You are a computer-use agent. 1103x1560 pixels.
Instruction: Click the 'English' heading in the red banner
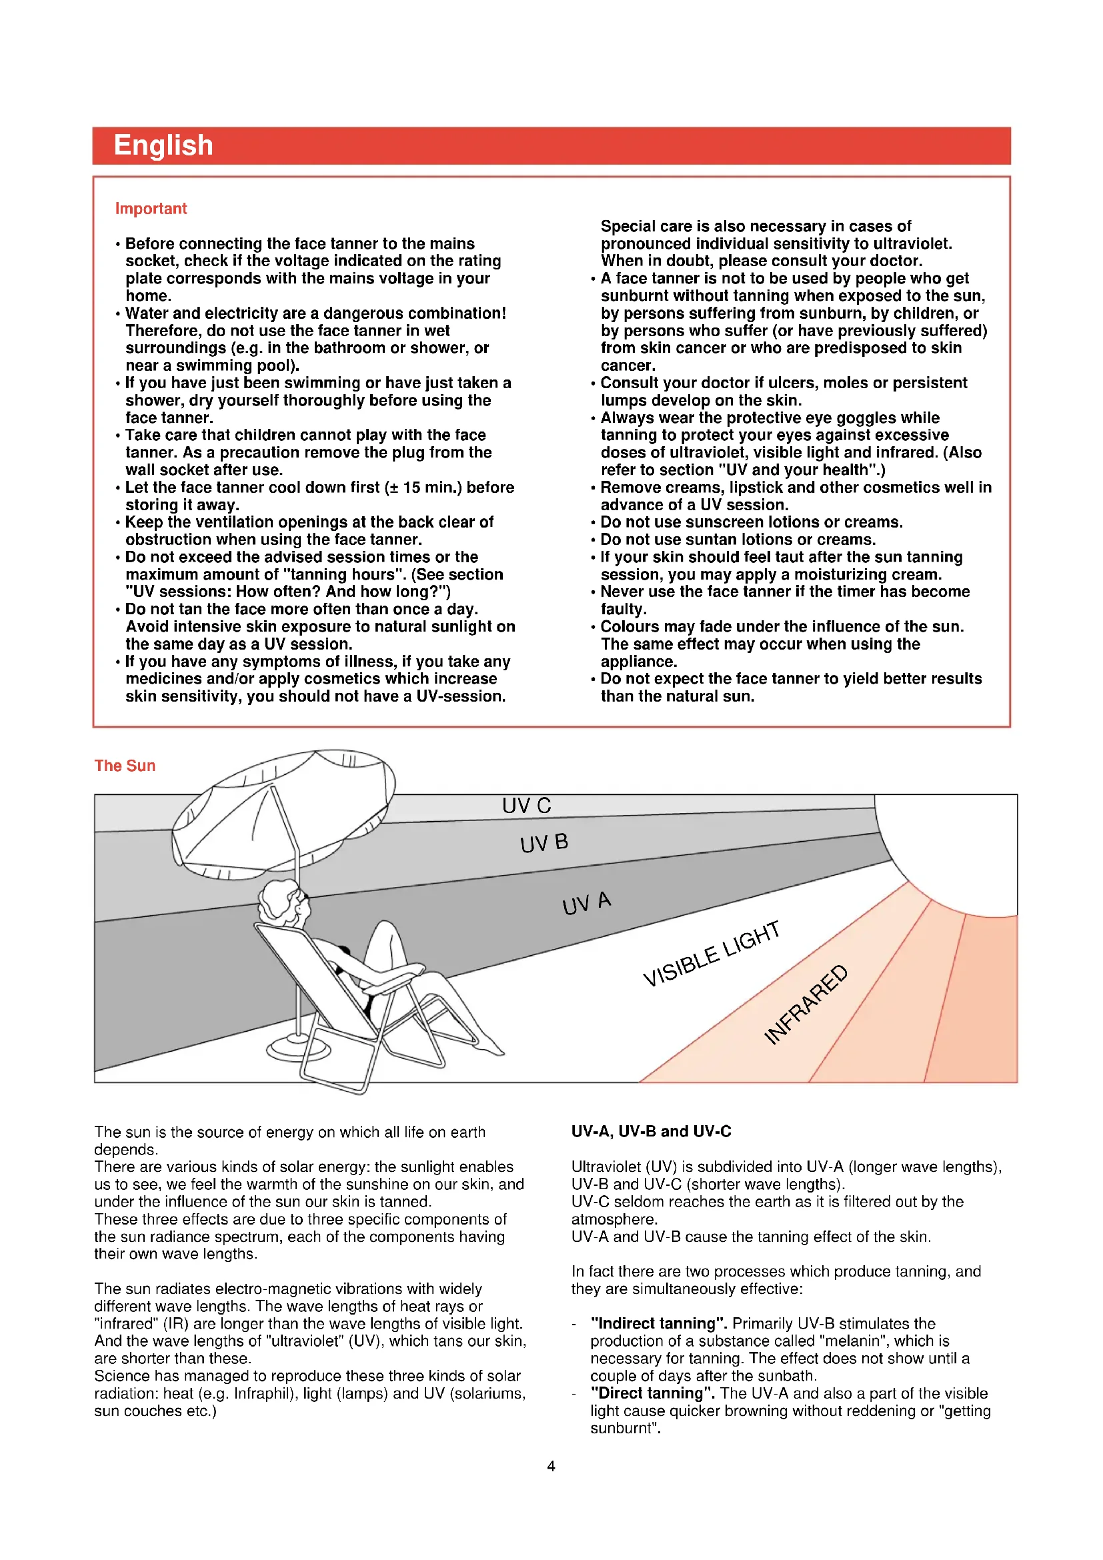point(163,145)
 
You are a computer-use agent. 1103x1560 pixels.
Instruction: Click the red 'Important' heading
point(151,209)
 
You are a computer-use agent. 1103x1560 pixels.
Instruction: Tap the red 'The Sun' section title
point(125,766)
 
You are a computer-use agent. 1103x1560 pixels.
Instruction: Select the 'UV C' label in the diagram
point(526,806)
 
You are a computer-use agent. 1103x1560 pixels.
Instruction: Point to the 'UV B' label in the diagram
point(544,843)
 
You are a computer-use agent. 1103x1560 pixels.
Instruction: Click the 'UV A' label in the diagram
point(587,903)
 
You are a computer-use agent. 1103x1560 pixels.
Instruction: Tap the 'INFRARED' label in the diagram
point(806,1004)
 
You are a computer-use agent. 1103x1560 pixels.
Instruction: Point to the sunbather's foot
point(490,1047)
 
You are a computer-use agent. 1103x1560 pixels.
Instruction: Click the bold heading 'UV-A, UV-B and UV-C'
point(651,1131)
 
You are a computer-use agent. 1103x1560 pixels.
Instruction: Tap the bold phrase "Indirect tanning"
point(658,1323)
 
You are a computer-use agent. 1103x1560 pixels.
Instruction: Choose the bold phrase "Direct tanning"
point(652,1393)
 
